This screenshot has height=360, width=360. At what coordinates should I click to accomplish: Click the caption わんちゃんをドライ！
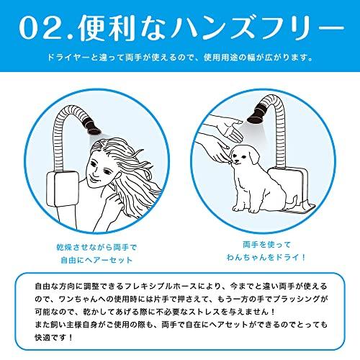tap(258, 258)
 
